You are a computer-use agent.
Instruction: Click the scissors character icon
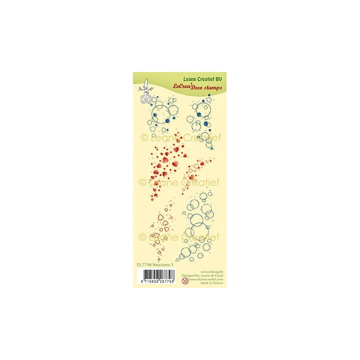point(146,93)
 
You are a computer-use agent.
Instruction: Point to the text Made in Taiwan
point(212,282)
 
